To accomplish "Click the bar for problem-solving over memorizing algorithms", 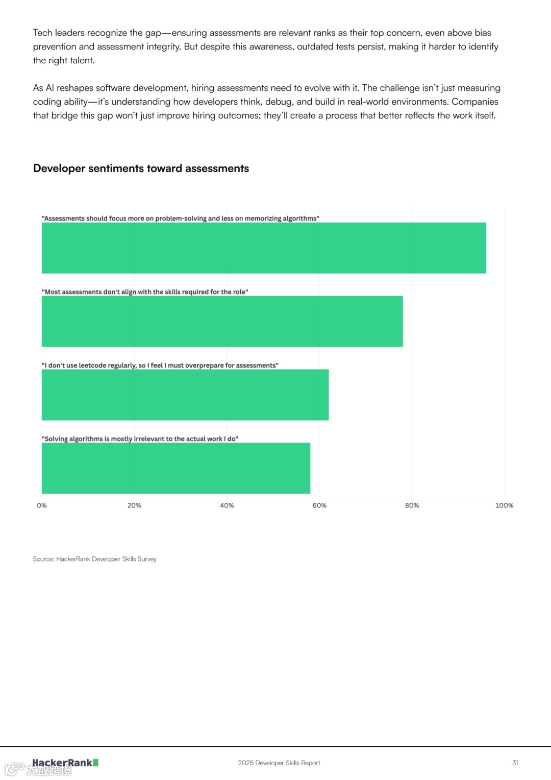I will pos(264,248).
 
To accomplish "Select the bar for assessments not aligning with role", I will pos(222,322).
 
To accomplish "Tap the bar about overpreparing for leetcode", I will pos(185,395).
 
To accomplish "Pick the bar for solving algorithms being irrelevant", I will pos(176,468).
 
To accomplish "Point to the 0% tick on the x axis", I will pos(42,505).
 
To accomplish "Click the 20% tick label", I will pos(134,505).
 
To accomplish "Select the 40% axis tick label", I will pos(227,505).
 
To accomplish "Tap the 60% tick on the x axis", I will pos(319,505).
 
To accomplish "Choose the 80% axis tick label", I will pos(412,505).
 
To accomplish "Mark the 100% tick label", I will pos(504,505).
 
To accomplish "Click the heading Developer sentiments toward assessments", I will pos(141,168).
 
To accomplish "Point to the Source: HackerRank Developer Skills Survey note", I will pos(95,559).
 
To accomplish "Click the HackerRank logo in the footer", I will pos(65,763).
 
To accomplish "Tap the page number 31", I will pos(515,763).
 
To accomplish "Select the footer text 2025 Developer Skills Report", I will pos(279,763).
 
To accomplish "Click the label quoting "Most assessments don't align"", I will pos(145,292).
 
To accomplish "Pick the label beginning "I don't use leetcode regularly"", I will pos(160,365).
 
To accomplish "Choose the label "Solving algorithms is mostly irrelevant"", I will pos(140,439).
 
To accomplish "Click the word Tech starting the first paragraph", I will pos(43,33).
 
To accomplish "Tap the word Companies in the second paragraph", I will pos(474,102).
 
